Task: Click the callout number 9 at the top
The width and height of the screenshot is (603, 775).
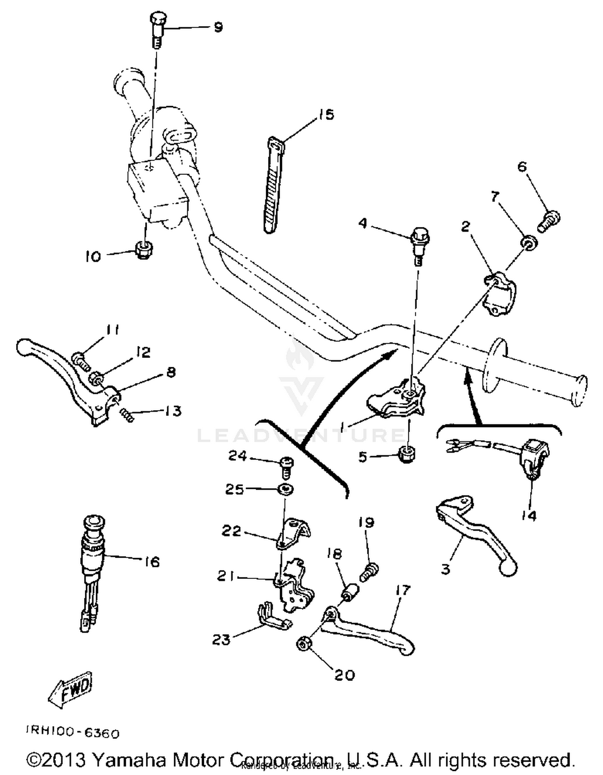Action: (x=218, y=27)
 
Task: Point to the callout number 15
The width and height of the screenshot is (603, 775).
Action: (x=326, y=115)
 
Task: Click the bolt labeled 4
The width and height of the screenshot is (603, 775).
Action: (x=419, y=245)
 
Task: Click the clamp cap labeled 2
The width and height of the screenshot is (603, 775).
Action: (x=499, y=293)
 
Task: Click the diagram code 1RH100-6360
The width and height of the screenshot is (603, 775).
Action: (x=73, y=733)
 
